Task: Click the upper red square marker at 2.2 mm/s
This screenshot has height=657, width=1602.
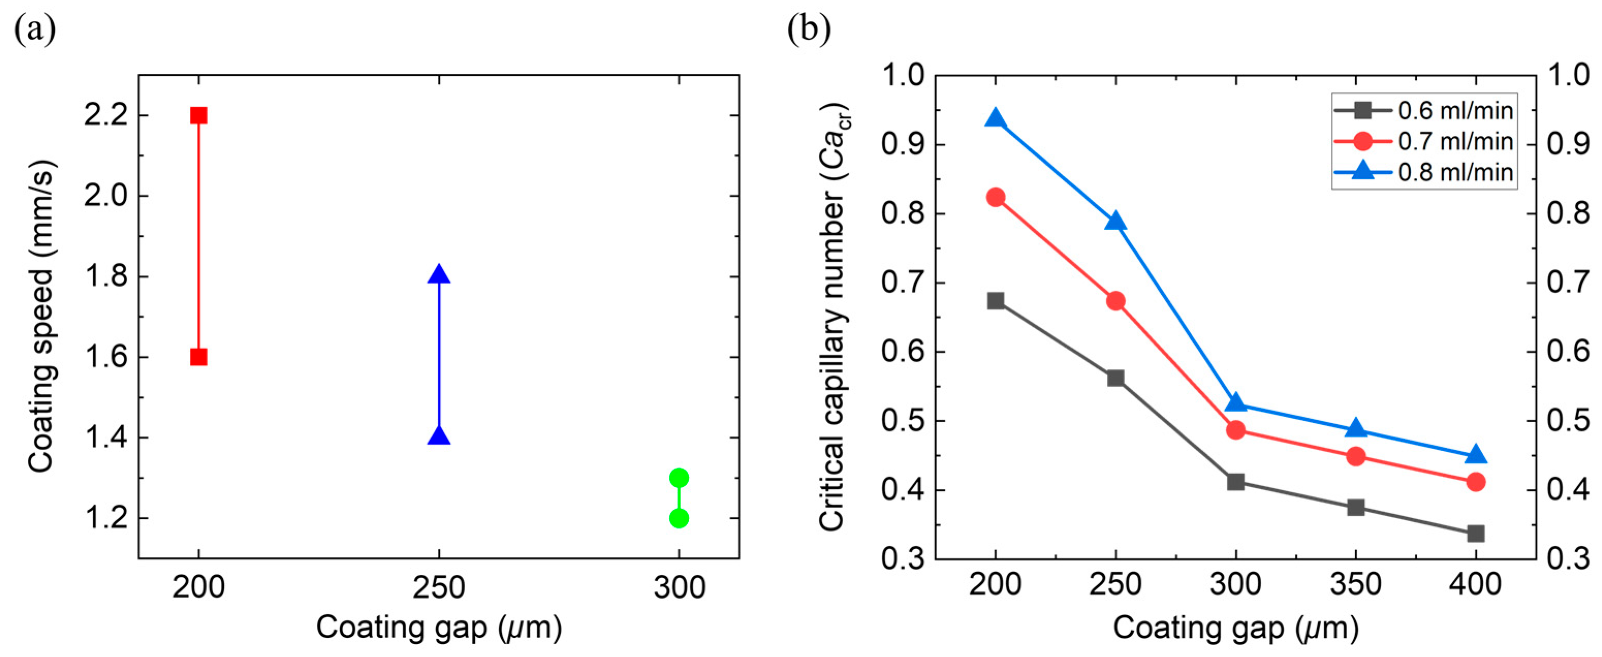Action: [x=198, y=116]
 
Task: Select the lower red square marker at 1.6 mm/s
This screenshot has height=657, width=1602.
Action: [x=198, y=357]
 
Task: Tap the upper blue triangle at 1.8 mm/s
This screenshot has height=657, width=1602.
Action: [x=438, y=274]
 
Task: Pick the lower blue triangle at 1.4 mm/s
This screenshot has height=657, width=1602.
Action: [x=438, y=436]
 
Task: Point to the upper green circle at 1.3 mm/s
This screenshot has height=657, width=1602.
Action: [x=678, y=478]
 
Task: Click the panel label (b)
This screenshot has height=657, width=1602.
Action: [x=808, y=29]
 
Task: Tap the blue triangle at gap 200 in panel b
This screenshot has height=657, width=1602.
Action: [x=995, y=118]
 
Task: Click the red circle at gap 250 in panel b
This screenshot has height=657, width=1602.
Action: [x=1116, y=301]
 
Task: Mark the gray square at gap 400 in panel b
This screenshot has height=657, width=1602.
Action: [x=1476, y=533]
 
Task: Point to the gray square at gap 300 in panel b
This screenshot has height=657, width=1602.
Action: [x=1236, y=482]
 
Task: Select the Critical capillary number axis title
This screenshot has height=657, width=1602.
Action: [x=833, y=317]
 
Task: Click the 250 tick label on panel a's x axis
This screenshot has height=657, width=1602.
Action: [x=438, y=587]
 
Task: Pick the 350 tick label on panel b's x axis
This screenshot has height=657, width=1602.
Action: [x=1356, y=584]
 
